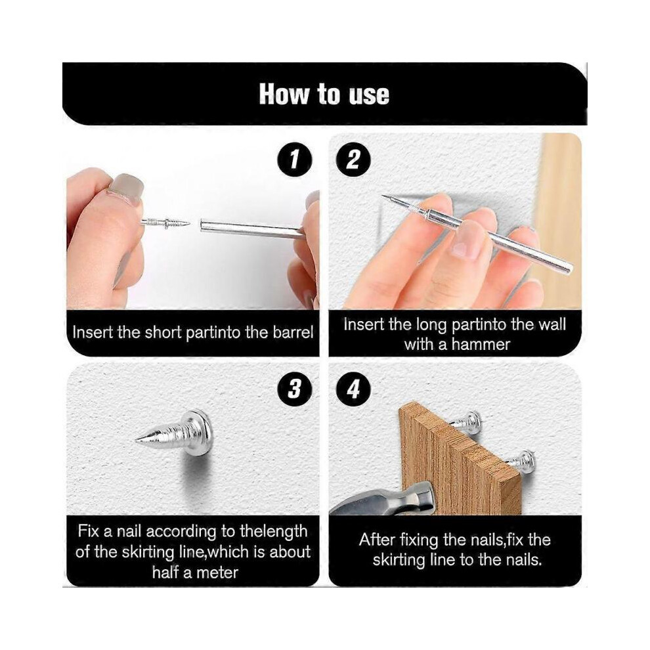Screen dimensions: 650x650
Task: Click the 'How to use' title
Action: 324,95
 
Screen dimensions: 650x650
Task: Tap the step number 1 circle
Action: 294,160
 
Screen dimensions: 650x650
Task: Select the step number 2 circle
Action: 353,160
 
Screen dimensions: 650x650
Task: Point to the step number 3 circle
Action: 294,389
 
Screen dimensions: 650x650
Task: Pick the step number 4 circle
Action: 353,389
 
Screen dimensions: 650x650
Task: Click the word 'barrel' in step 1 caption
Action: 293,332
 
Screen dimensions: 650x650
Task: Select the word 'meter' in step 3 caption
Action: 217,573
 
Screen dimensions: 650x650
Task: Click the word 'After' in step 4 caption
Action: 376,540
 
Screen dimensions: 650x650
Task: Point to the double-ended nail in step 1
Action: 165,223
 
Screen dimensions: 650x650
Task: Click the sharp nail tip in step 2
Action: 383,196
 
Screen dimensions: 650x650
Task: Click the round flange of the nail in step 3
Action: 201,433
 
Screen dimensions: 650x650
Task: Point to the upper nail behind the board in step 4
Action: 466,420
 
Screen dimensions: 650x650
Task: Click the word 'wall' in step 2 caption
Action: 552,324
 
